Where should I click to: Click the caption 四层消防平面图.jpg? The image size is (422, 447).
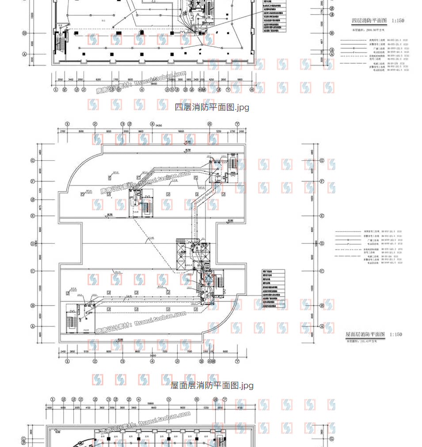click(x=212, y=107)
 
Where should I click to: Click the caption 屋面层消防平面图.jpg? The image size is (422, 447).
click(x=212, y=385)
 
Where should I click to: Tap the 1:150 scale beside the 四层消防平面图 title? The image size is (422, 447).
click(x=397, y=20)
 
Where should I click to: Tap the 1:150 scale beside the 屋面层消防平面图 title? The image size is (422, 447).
click(x=396, y=334)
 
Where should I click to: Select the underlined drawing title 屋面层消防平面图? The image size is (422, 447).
click(x=365, y=334)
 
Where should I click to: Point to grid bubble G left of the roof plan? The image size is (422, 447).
click(x=33, y=160)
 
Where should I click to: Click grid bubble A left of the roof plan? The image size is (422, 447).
click(x=33, y=326)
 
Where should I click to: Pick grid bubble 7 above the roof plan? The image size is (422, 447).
click(x=237, y=124)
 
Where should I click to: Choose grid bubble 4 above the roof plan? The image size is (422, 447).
click(x=152, y=124)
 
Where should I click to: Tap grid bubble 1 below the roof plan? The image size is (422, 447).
click(x=67, y=361)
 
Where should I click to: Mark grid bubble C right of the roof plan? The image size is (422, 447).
click(x=322, y=271)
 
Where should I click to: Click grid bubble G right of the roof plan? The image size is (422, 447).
click(x=322, y=160)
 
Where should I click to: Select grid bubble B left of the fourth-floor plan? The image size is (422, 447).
click(x=25, y=33)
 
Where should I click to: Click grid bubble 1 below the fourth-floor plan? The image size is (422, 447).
click(x=56, y=90)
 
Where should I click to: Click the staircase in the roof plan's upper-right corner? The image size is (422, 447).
click(x=232, y=164)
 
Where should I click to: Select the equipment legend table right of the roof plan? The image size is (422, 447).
click(x=274, y=289)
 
